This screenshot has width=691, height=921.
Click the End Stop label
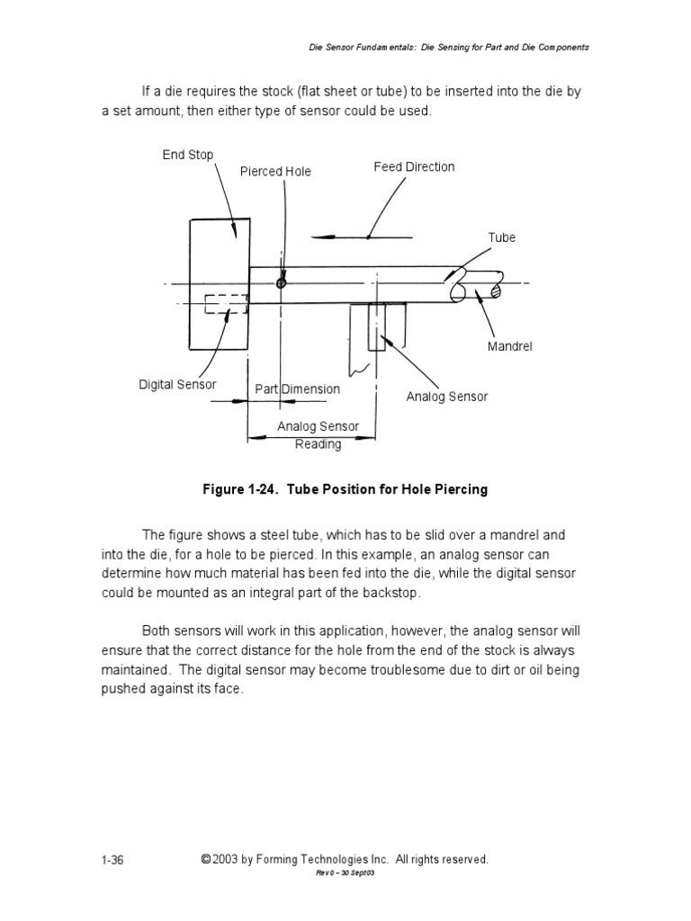click(188, 155)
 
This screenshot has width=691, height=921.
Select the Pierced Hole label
click(275, 172)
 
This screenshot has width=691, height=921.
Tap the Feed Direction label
click(414, 166)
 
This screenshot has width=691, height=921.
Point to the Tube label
click(502, 237)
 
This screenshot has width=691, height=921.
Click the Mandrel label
click(510, 346)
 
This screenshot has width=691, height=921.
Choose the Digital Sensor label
click(177, 384)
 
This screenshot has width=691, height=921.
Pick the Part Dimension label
click(297, 389)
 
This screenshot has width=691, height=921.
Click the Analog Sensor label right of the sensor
click(447, 397)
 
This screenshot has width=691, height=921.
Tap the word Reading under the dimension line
click(319, 444)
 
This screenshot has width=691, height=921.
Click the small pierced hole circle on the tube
click(282, 282)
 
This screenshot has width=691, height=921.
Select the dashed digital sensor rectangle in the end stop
click(226, 304)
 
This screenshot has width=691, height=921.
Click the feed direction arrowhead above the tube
click(328, 237)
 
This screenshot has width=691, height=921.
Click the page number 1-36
click(112, 860)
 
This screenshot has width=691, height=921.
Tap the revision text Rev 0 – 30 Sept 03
click(345, 873)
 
